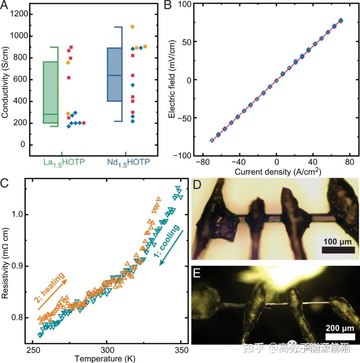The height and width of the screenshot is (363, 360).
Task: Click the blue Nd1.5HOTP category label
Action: click(x=128, y=163)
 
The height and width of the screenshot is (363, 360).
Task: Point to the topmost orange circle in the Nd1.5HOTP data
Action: click(x=132, y=27)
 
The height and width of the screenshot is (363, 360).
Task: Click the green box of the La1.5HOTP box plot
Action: click(x=50, y=92)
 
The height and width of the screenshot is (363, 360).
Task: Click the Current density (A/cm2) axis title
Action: click(x=277, y=171)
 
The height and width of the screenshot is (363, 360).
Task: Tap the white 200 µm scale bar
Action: click(x=340, y=337)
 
